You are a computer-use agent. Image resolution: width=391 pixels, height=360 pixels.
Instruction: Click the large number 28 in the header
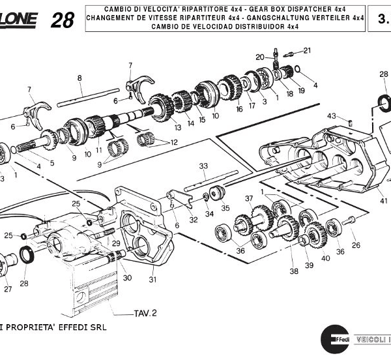pyautogui.click(x=62, y=20)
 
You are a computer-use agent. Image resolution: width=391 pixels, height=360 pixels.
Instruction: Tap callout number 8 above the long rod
pyautogui.click(x=79, y=78)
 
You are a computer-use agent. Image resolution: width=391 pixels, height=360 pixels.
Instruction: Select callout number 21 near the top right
pyautogui.click(x=307, y=50)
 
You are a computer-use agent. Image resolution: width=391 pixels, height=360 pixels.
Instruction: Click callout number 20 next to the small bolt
pyautogui.click(x=259, y=57)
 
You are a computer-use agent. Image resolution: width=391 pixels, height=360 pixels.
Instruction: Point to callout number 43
pyautogui.click(x=332, y=116)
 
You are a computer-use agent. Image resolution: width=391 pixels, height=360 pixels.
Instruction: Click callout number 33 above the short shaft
pyautogui.click(x=203, y=166)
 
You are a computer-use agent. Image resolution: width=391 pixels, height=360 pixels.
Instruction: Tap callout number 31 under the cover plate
pyautogui.click(x=152, y=280)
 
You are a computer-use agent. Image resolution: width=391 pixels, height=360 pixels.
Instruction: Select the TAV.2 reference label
pyautogui.click(x=145, y=313)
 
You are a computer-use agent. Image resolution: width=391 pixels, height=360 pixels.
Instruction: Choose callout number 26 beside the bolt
pyautogui.click(x=356, y=245)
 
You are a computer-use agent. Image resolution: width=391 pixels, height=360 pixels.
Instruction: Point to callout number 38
pyautogui.click(x=294, y=271)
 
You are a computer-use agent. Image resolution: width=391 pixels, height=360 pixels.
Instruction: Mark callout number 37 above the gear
pyautogui.click(x=249, y=198)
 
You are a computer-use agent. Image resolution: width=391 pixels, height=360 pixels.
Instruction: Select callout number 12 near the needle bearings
pyautogui.click(x=173, y=142)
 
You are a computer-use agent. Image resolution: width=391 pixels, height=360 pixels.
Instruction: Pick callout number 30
pyautogui.click(x=127, y=278)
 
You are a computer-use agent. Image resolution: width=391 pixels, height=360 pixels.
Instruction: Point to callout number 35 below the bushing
pyautogui.click(x=225, y=209)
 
